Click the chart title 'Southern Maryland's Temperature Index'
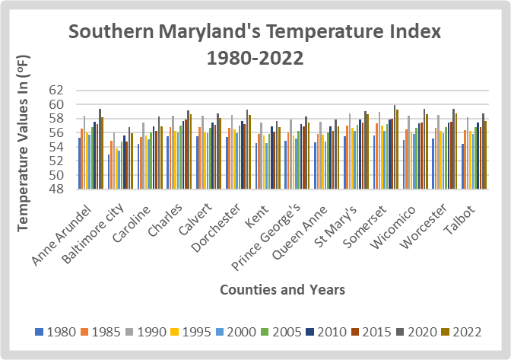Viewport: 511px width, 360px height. (x=255, y=33)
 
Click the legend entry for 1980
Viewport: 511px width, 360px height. (x=55, y=332)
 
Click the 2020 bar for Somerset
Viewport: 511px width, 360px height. (x=395, y=147)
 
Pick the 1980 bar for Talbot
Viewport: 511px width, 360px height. (x=463, y=166)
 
